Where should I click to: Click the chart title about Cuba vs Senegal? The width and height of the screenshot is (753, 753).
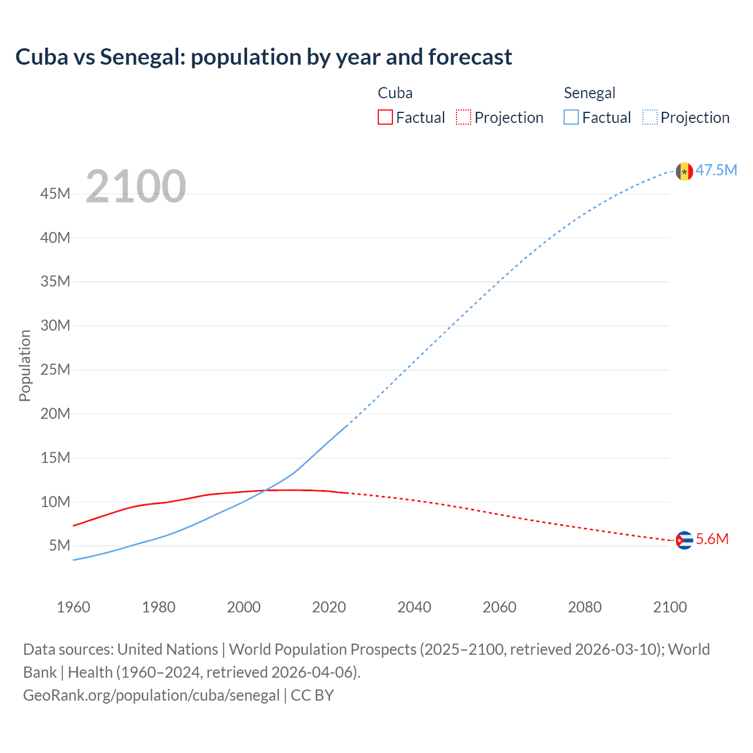coord(264,57)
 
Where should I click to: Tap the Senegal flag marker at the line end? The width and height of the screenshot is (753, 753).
coord(684,171)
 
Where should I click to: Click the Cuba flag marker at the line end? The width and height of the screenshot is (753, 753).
coord(684,540)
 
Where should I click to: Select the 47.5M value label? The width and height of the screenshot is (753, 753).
coord(716,171)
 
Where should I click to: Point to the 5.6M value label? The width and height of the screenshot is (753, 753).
coord(712,539)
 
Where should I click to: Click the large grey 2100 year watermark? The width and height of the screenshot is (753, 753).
coord(136,186)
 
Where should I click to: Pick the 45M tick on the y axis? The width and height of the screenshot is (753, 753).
coord(55,194)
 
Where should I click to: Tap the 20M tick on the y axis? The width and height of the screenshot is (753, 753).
coord(55,414)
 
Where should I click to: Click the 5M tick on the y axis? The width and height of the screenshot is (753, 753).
coord(59,545)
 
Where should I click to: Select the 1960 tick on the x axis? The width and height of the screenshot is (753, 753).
coord(74,607)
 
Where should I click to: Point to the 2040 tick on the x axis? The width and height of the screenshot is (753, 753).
coord(414,607)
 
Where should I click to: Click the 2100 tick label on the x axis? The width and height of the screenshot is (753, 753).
coord(669,607)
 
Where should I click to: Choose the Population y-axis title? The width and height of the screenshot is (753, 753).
coord(25,365)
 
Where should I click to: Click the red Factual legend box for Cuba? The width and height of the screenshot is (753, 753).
coord(385,118)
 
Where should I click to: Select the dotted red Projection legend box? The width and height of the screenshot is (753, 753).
coord(464,118)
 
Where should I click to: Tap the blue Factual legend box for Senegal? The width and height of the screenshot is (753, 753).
coord(571,118)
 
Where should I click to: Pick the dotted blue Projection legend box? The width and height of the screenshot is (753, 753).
coord(649,118)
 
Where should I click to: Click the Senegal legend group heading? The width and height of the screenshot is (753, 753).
coord(589,93)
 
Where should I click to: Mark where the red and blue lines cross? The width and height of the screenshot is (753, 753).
coord(266,490)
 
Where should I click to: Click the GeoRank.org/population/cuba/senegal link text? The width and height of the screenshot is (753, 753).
coord(151,695)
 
